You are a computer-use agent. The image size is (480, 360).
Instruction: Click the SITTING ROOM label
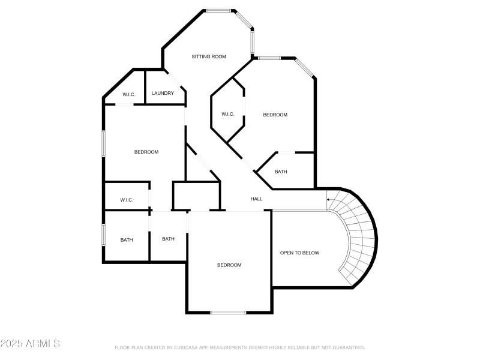(209, 57)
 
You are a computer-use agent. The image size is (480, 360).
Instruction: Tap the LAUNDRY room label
(163, 93)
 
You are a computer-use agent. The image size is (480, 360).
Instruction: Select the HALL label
(256, 199)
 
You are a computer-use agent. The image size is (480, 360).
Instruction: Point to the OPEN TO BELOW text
(300, 253)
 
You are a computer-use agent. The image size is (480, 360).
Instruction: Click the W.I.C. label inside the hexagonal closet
(227, 115)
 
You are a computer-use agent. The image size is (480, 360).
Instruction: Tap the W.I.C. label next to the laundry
(129, 95)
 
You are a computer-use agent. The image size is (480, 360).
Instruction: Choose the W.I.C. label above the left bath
(126, 200)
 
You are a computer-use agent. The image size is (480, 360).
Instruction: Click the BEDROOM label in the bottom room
(229, 265)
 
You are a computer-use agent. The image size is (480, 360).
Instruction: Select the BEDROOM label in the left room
(146, 152)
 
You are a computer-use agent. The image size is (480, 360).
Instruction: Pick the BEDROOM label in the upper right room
(275, 115)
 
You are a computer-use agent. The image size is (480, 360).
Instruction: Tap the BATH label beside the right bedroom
(281, 172)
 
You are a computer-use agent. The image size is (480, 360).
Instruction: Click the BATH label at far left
(127, 240)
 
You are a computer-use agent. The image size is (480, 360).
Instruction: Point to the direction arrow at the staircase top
(329, 199)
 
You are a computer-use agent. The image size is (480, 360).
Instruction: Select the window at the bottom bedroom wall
(228, 312)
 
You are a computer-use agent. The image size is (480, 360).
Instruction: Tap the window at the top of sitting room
(219, 10)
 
